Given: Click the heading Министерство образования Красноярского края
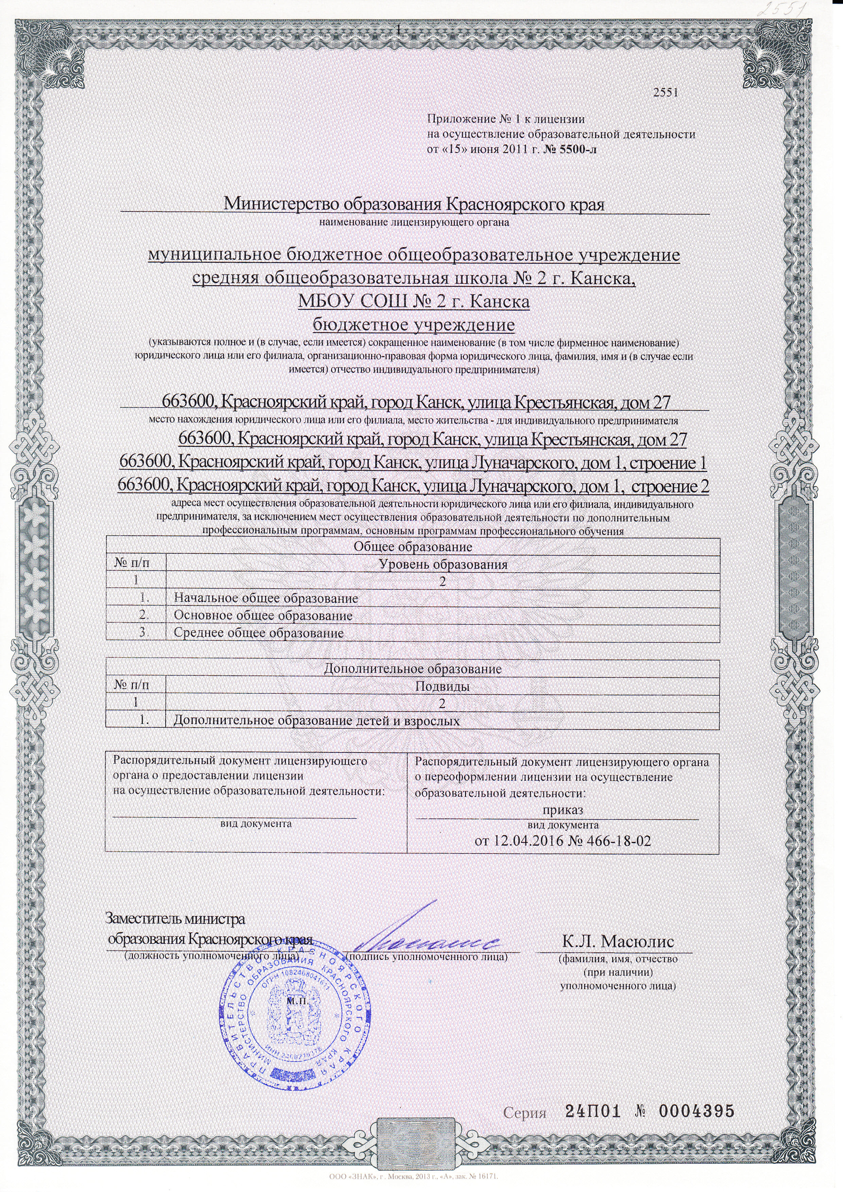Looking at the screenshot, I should [414, 204].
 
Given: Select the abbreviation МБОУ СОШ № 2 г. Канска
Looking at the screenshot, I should [414, 301].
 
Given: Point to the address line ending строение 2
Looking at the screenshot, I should [414, 486].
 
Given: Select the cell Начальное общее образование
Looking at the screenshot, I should [266, 598].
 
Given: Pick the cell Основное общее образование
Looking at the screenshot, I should [263, 616].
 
